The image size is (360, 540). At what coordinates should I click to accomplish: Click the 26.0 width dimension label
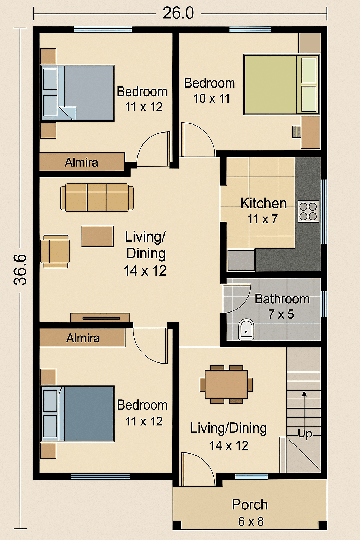[x=178, y=13]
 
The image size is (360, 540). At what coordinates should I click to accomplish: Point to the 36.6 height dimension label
[x=20, y=270]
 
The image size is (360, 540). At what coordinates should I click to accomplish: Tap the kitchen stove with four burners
[x=308, y=211]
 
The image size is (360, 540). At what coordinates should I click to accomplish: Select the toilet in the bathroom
[x=246, y=329]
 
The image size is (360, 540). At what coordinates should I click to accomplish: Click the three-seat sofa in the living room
[x=97, y=198]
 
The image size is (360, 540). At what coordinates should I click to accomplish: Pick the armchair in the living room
[x=55, y=251]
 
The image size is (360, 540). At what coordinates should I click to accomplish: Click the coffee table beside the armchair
[x=97, y=236]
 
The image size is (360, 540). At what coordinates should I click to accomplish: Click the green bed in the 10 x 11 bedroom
[x=281, y=84]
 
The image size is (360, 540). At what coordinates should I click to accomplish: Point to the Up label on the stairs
[x=305, y=434]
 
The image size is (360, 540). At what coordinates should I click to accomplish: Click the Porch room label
[x=250, y=504]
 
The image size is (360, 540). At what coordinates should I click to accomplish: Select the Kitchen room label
[x=264, y=203]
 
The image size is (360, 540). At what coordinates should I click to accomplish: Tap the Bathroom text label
[x=282, y=299]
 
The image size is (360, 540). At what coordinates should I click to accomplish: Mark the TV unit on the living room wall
[x=100, y=318]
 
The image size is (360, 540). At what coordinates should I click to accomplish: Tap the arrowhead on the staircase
[x=304, y=394]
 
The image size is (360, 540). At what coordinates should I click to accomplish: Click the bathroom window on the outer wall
[x=324, y=304]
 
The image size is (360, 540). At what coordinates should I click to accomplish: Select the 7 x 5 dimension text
[x=281, y=314]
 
